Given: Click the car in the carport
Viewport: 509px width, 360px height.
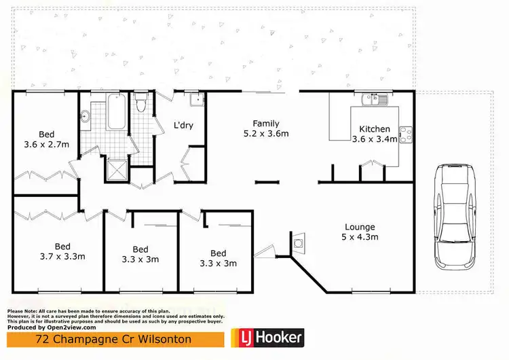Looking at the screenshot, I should pos(455,217).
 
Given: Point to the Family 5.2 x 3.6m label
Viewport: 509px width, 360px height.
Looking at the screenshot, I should pos(266,128).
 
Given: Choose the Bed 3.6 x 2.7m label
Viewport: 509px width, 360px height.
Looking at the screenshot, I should pos(46,139).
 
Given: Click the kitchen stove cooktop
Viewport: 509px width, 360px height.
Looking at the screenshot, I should pos(405,134).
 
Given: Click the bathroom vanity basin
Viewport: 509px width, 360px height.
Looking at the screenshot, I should pos(86,116).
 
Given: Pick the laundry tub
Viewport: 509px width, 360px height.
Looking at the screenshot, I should pos(197,101).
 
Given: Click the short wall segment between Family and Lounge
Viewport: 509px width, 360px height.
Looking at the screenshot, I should pos(267,181).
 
